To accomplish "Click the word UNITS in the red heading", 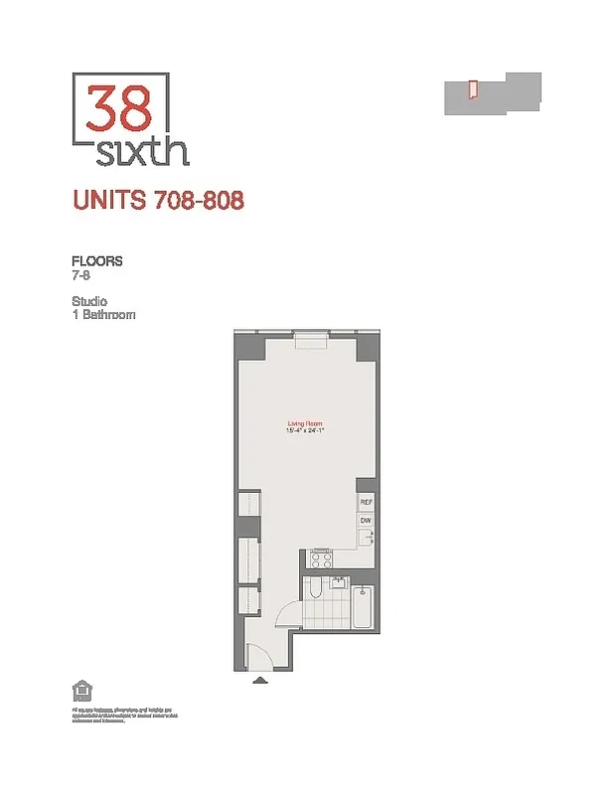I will pyautogui.click(x=110, y=200).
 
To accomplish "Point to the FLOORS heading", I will pyautogui.click(x=96, y=261).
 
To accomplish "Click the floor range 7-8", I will pyautogui.click(x=80, y=275).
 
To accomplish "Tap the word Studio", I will pyautogui.click(x=89, y=301).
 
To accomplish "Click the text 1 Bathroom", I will pyautogui.click(x=103, y=315).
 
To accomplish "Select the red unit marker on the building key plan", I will pyautogui.click(x=474, y=89).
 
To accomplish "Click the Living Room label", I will pyautogui.click(x=308, y=424).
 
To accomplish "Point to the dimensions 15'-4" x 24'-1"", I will pyautogui.click(x=308, y=431).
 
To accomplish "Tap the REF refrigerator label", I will pyautogui.click(x=366, y=503).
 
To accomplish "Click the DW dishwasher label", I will pyautogui.click(x=366, y=520).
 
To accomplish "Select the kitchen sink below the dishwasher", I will pyautogui.click(x=366, y=538).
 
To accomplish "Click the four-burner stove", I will pyautogui.click(x=322, y=558).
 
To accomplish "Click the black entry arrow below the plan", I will pyautogui.click(x=260, y=681).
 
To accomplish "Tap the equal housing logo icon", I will pyautogui.click(x=79, y=690).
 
